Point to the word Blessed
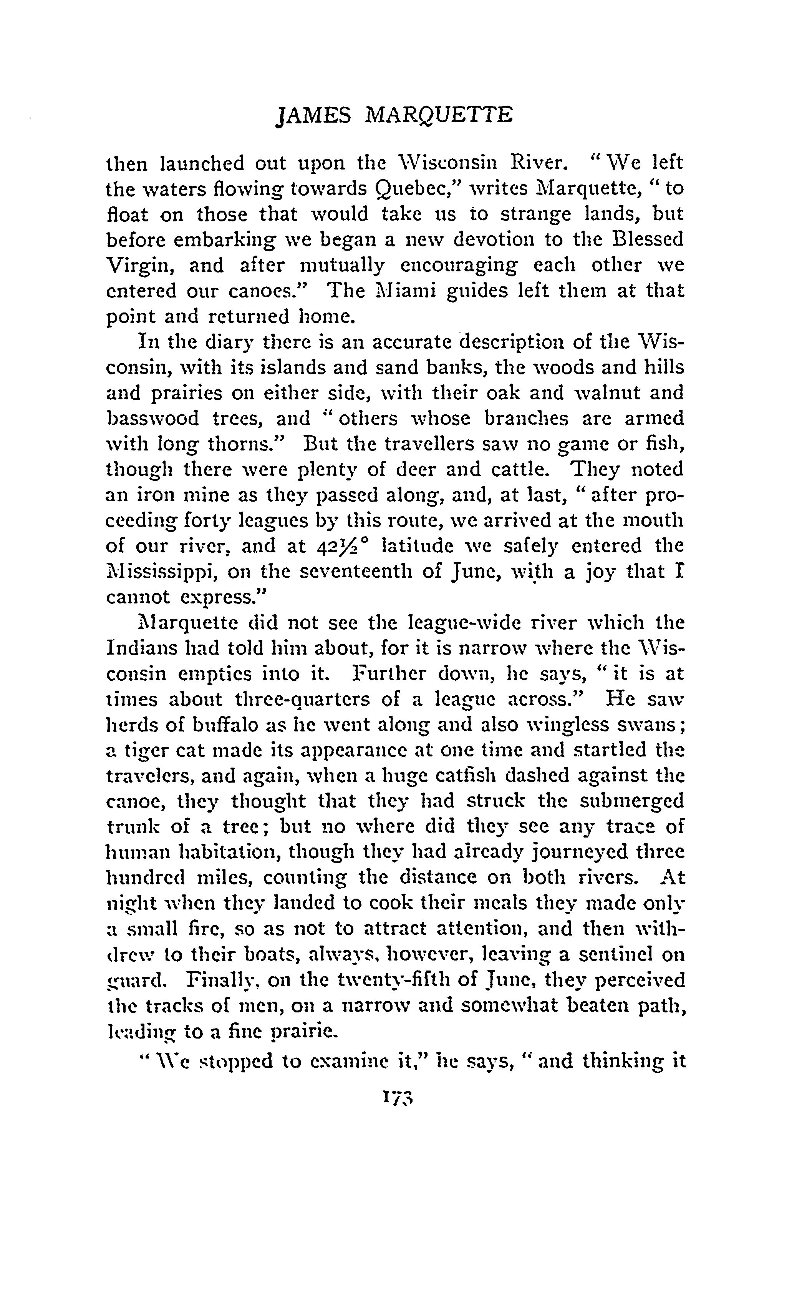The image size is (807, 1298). (x=648, y=239)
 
